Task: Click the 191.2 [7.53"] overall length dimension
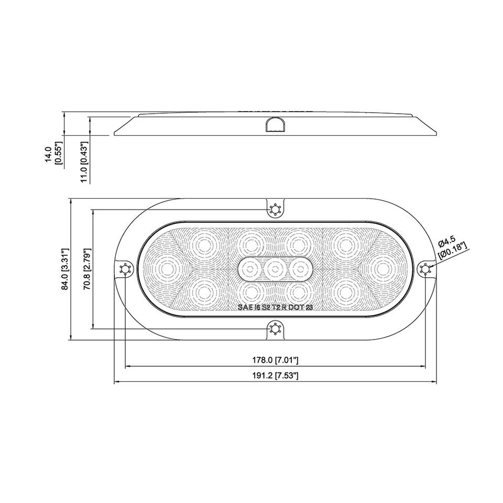276,376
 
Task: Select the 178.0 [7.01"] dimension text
276,360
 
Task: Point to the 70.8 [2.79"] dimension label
88,269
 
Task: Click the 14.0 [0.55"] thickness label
52,155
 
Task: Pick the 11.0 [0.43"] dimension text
84,162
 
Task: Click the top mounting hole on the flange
275,210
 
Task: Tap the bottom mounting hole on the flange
275,329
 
